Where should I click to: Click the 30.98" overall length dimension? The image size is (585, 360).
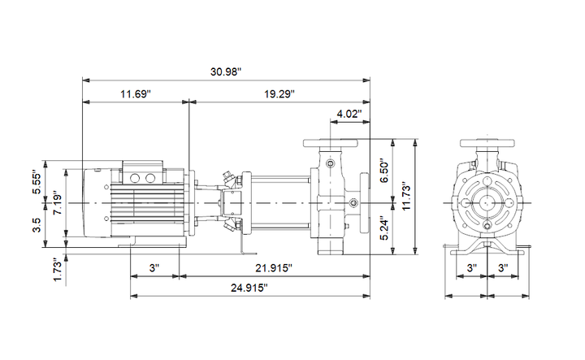click(x=226, y=72)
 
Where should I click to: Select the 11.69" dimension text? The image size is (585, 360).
click(x=135, y=93)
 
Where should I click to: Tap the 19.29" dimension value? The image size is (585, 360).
click(x=279, y=93)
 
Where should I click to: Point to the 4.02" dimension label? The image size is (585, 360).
click(x=349, y=114)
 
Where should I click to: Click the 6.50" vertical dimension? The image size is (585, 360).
click(x=383, y=171)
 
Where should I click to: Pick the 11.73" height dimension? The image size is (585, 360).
click(x=406, y=196)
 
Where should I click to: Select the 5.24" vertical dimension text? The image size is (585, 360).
click(x=383, y=228)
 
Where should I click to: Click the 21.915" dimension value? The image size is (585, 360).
click(x=274, y=268)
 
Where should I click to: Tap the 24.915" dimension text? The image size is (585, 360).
click(x=249, y=288)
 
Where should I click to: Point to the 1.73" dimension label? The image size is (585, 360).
click(x=58, y=269)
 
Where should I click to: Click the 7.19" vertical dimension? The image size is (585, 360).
click(x=58, y=205)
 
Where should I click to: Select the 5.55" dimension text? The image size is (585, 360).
click(x=37, y=182)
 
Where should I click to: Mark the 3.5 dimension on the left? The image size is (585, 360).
click(x=37, y=225)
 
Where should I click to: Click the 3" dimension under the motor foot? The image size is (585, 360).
click(x=154, y=268)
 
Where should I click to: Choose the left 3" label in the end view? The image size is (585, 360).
click(x=472, y=268)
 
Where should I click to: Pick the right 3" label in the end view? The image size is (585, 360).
click(x=503, y=268)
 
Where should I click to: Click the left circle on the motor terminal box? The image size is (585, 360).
click(x=134, y=178)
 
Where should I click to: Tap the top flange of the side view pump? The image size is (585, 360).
click(x=331, y=143)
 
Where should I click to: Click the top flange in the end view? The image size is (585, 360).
click(x=487, y=143)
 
